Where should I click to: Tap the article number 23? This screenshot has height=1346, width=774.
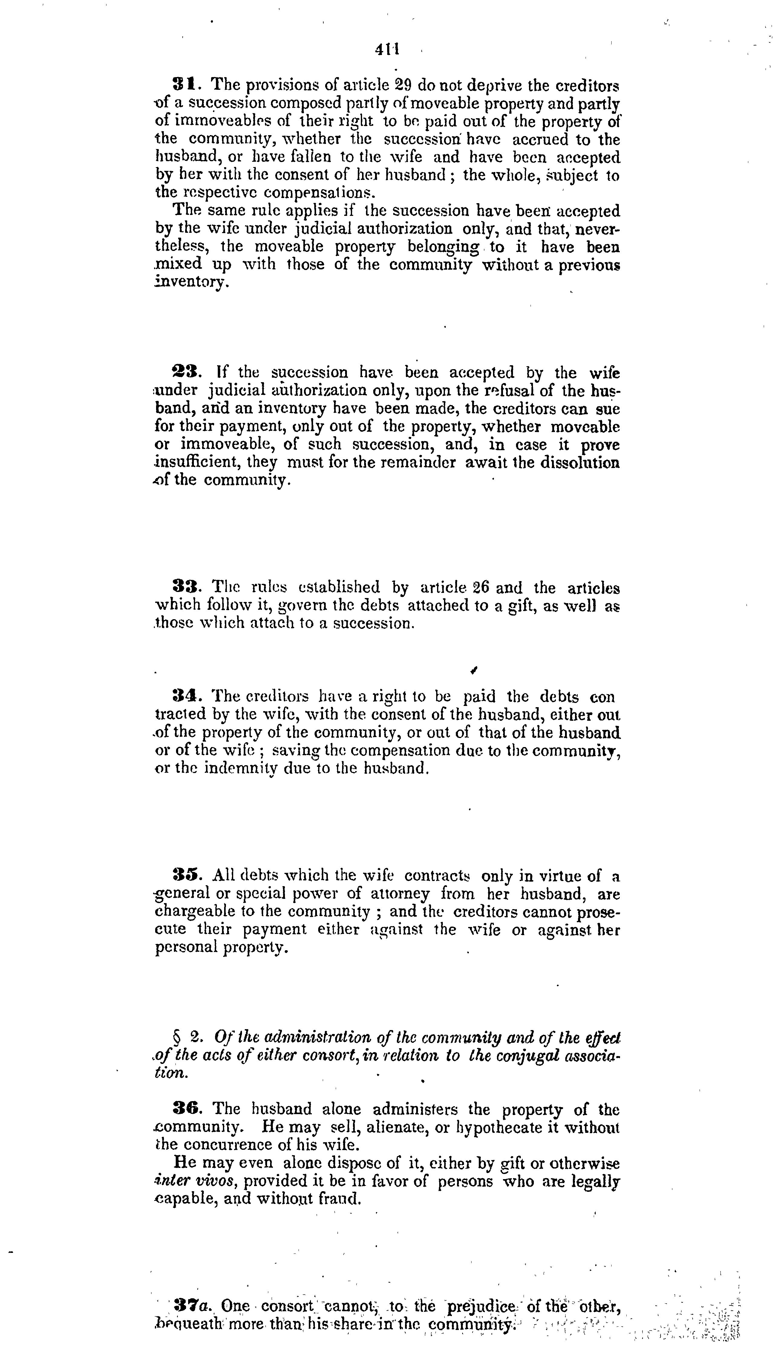pyautogui.click(x=185, y=372)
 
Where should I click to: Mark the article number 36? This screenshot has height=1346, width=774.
pyautogui.click(x=185, y=1109)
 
